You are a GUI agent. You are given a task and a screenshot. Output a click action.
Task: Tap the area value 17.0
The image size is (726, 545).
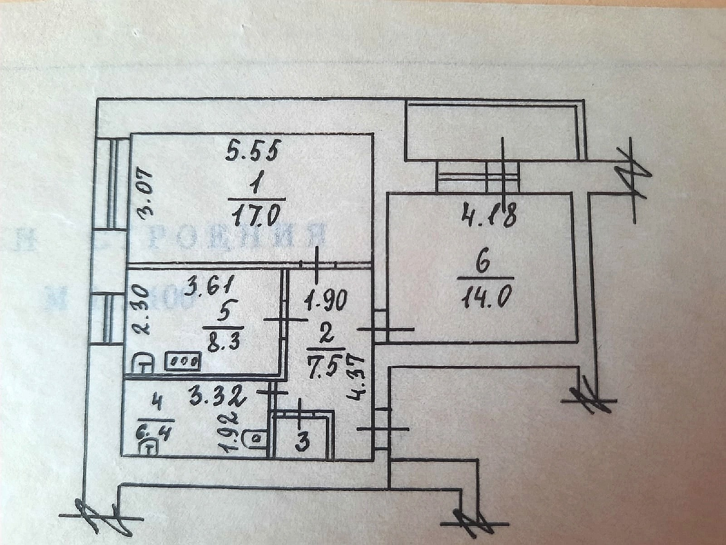pos(257,214)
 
